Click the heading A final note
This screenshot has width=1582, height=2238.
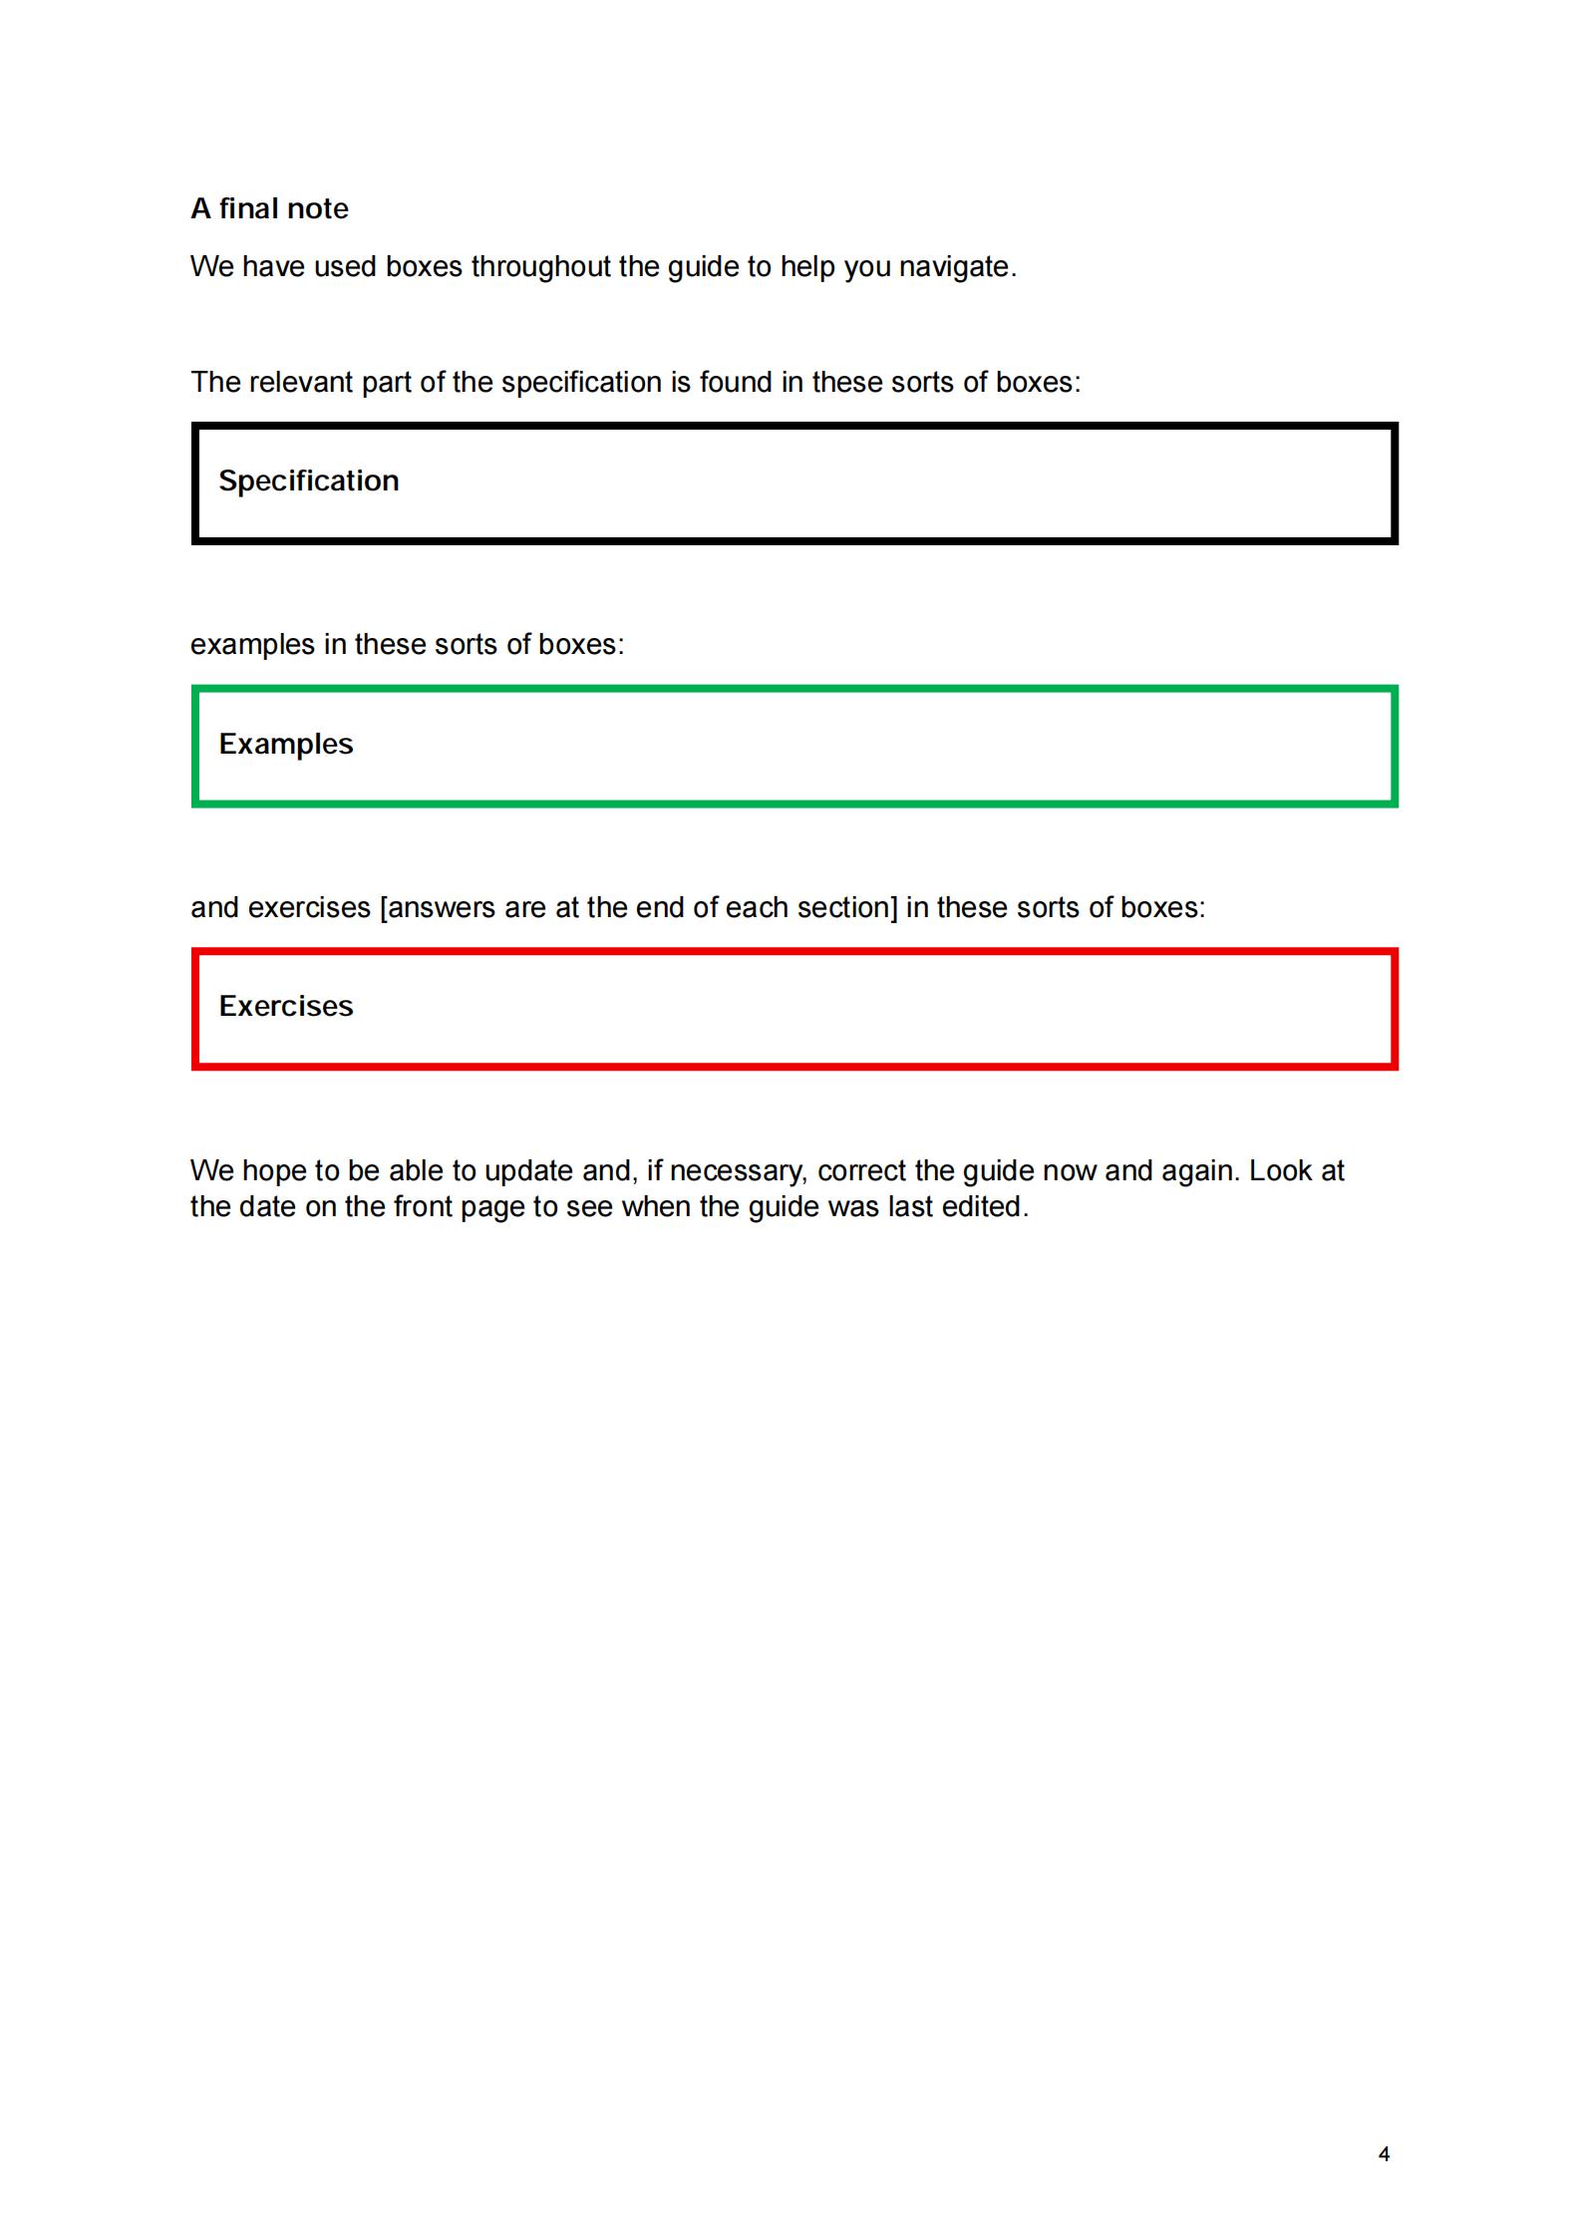[269, 208]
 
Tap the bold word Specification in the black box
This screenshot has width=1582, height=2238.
[309, 480]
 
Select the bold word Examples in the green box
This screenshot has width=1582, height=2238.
[286, 744]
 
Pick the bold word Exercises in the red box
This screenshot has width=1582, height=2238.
[286, 1006]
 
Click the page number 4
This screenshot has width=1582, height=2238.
[1384, 2154]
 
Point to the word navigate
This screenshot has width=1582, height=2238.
[957, 267]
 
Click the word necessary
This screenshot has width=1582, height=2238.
[737, 1171]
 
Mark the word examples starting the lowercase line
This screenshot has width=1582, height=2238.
[252, 645]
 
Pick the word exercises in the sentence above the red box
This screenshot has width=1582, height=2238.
[309, 908]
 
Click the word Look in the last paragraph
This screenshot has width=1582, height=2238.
[1280, 1170]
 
